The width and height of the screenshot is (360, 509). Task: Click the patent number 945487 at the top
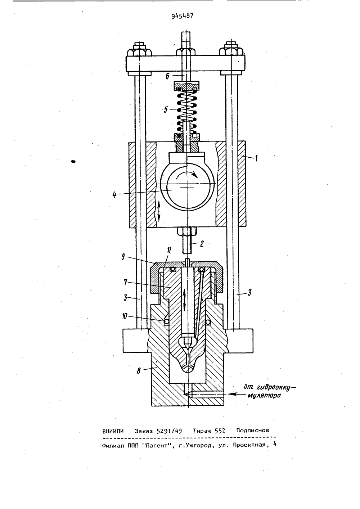(182, 16)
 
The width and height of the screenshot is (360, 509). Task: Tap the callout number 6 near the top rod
(167, 76)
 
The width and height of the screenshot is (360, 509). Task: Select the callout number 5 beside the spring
(166, 110)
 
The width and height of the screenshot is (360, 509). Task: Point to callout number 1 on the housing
(256, 158)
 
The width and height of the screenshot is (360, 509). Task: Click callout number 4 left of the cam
(114, 195)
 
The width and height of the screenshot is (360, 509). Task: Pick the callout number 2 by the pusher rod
(202, 244)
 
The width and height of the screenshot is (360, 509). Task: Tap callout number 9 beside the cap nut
(123, 257)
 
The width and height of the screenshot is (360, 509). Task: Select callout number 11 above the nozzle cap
(169, 251)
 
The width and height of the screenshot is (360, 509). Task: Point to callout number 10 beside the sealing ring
(124, 316)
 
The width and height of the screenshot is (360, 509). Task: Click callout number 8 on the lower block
(138, 371)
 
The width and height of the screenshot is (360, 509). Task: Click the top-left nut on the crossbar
(139, 50)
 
